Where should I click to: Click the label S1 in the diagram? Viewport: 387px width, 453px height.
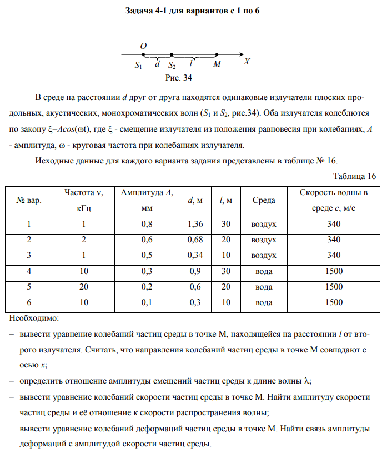click(x=139, y=65)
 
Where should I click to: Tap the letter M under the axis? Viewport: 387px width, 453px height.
click(x=217, y=64)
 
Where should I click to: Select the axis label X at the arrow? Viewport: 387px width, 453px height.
click(x=247, y=62)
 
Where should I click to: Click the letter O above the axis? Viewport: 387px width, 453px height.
click(x=143, y=47)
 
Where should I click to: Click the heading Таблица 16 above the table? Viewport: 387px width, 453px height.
click(x=354, y=176)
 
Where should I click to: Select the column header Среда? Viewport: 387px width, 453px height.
click(x=263, y=200)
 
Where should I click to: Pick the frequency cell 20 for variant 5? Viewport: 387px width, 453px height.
click(x=83, y=287)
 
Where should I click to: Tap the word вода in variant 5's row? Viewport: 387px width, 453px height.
click(x=263, y=287)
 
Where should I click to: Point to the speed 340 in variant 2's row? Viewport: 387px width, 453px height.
click(x=334, y=240)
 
